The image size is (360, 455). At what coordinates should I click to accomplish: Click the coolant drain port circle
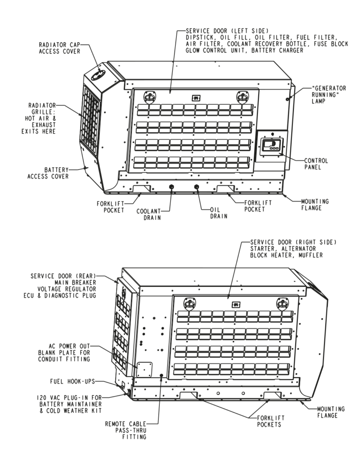pyautogui.click(x=171, y=187)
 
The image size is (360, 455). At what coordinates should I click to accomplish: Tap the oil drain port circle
pyautogui.click(x=196, y=187)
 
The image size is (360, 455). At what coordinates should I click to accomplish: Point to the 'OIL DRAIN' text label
pyautogui.click(x=218, y=213)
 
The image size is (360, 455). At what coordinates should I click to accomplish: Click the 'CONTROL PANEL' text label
pyautogui.click(x=316, y=163)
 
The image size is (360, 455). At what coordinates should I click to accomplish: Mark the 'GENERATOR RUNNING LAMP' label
pyautogui.click(x=329, y=94)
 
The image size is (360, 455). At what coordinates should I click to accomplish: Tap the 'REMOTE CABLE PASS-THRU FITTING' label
pyautogui.click(x=130, y=429)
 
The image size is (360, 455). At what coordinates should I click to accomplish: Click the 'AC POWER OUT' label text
pyautogui.click(x=71, y=346)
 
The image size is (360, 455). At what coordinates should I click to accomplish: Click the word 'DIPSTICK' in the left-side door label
pyautogui.click(x=201, y=37)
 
